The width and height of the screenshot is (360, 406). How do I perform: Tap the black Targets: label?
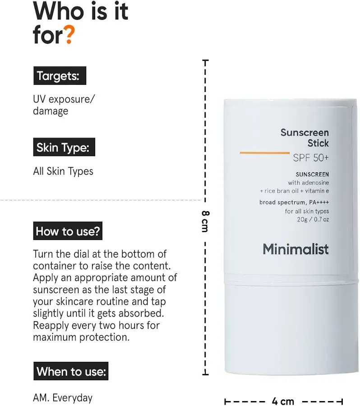tap(60, 76)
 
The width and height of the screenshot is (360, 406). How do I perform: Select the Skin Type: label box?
tap(64, 147)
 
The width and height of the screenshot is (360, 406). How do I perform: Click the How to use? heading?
tap(68, 231)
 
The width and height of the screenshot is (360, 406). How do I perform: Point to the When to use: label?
tap(71, 371)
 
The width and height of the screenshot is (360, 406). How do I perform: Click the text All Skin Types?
tap(63, 171)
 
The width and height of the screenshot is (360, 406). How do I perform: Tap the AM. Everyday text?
tap(63, 398)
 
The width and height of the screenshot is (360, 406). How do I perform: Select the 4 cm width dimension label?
tap(283, 401)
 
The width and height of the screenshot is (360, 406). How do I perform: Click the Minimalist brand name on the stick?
tap(295, 249)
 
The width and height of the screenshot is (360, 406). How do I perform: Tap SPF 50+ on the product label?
tap(311, 158)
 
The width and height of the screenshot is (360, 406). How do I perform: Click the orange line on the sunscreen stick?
tap(264, 153)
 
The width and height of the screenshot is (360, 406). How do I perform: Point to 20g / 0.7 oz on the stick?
tap(313, 220)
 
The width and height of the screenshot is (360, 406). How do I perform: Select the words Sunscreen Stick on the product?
tap(305, 138)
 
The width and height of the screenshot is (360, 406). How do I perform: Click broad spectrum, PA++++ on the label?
tap(294, 203)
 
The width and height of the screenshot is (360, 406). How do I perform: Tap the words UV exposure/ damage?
tap(64, 105)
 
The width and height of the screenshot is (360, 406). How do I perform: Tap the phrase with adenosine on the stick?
tap(309, 183)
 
